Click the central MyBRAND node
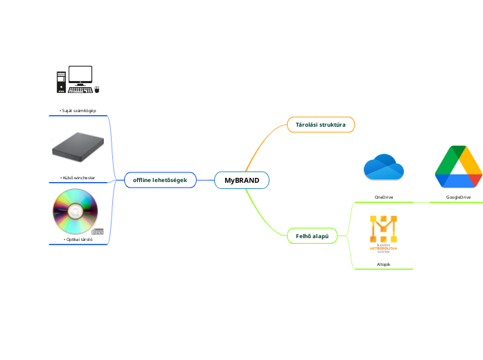click(242, 180)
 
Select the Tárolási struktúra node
click(321, 125)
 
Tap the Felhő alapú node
click(312, 236)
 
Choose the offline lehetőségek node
click(160, 180)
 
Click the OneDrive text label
click(384, 197)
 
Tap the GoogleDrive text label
click(458, 197)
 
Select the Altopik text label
click(383, 264)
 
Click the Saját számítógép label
click(78, 111)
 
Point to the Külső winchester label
click(78, 178)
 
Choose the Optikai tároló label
click(78, 240)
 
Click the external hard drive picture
click(79, 147)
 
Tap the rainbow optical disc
click(76, 211)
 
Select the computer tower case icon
click(61, 81)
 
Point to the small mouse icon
click(97, 89)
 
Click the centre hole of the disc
click(76, 210)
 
